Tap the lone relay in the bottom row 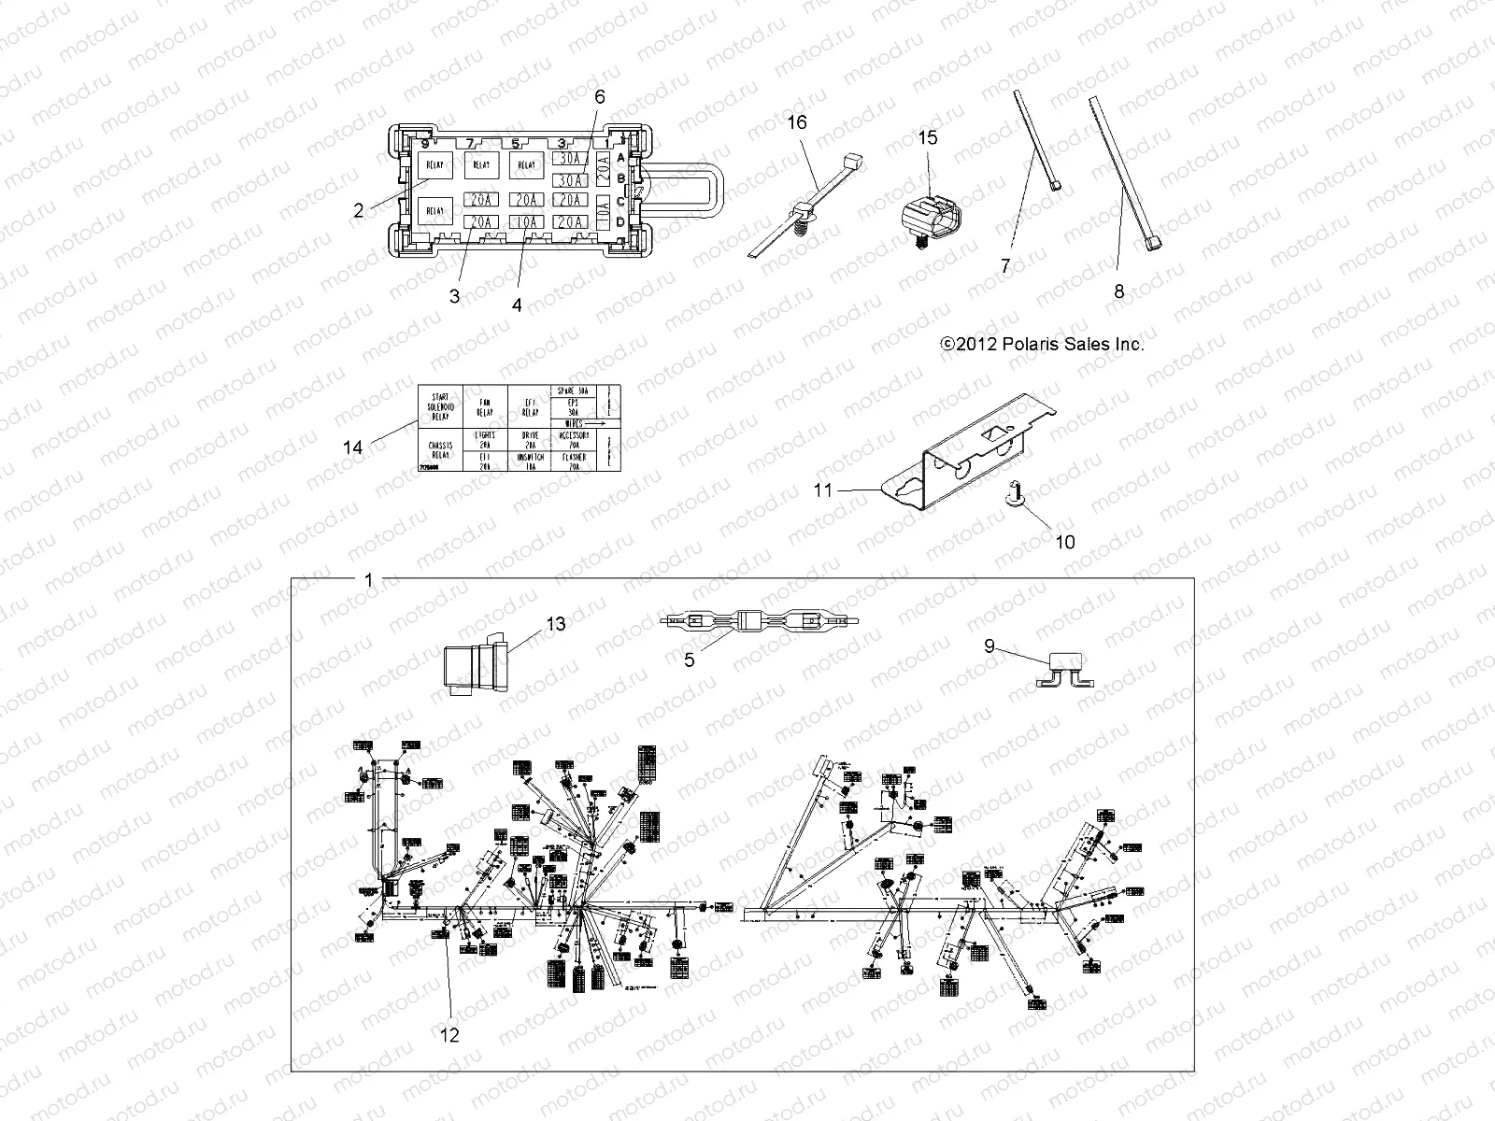(436, 211)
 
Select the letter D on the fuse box (620, 221)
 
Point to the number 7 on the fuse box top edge (470, 143)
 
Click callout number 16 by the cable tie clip (796, 122)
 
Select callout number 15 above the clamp (927, 138)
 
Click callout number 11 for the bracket (822, 489)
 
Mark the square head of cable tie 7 (1055, 186)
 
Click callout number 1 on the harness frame (368, 580)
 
